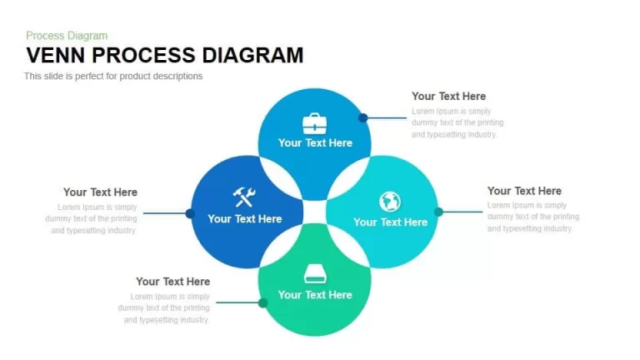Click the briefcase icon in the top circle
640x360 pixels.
coord(315,123)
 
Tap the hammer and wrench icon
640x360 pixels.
coord(244,197)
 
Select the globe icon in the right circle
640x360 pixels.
coord(390,202)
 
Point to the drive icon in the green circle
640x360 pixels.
coord(315,273)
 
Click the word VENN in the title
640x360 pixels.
coord(56,56)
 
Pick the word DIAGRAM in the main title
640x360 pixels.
coord(252,56)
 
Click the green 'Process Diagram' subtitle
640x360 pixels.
coord(67,36)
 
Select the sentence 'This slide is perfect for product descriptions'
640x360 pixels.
coord(113,77)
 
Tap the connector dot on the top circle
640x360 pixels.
coord(362,118)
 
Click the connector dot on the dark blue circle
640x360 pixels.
coord(190,213)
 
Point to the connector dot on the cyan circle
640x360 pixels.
coord(439,212)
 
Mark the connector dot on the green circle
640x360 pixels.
coord(263,302)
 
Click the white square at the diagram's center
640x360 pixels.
coord(315,212)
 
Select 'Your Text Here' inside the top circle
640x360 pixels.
coord(315,142)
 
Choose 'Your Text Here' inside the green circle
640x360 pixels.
coord(315,295)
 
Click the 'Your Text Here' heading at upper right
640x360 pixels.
coord(448,97)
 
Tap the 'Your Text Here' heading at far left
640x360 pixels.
coord(100,192)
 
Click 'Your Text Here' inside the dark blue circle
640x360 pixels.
coord(245,219)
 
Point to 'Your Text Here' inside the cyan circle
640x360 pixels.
coord(391,222)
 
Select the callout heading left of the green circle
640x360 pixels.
coord(173,282)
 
